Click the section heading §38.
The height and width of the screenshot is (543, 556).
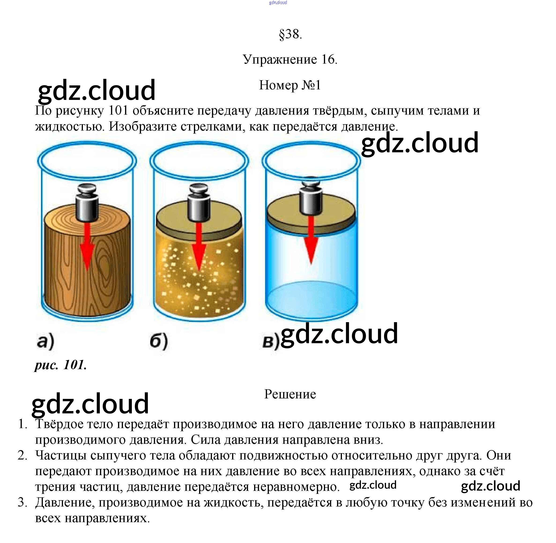pyautogui.click(x=290, y=35)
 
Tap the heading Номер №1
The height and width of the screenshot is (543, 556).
pyautogui.click(x=290, y=85)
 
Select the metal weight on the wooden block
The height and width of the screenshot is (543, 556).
pyautogui.click(x=87, y=203)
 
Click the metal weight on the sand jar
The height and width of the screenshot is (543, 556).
pyautogui.click(x=199, y=203)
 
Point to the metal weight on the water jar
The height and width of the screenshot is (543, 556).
pyautogui.click(x=311, y=197)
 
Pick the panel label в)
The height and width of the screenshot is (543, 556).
pyautogui.click(x=271, y=341)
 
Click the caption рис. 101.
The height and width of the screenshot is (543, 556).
pyautogui.click(x=60, y=365)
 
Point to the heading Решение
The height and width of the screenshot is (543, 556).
pyautogui.click(x=290, y=394)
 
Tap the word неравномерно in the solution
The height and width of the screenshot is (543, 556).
pyautogui.click(x=296, y=487)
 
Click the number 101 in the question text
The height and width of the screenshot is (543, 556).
pyautogui.click(x=118, y=111)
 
